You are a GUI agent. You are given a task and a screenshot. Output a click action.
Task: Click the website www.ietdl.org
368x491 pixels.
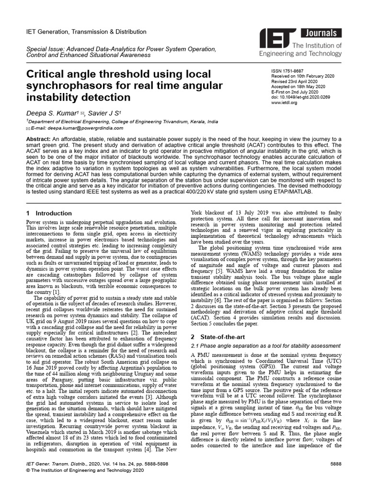[x=284, y=102]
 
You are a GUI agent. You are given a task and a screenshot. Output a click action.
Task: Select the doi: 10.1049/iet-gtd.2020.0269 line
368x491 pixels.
[x=301, y=97]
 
